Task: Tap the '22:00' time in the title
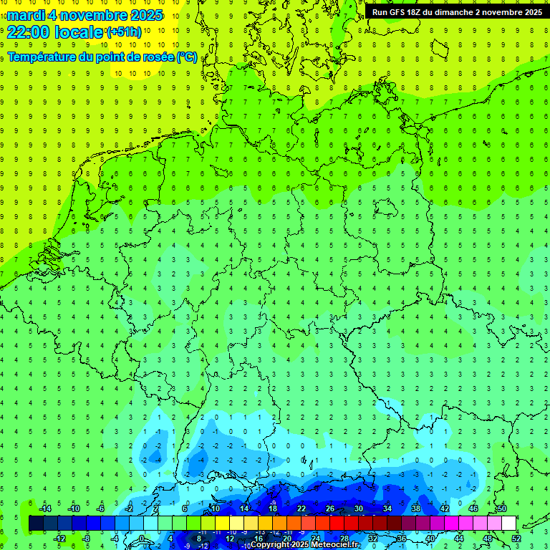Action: (x=28, y=32)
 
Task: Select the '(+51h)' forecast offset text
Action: (x=124, y=32)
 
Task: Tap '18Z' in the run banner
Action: (x=415, y=12)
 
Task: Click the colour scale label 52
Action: (x=516, y=539)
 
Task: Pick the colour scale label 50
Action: (x=501, y=508)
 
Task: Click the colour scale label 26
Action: (x=330, y=508)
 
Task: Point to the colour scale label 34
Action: (x=387, y=508)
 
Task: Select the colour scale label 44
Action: (x=459, y=539)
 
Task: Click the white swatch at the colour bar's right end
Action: (x=508, y=524)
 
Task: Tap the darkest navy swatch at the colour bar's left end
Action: (x=36, y=524)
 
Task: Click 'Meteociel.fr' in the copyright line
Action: (x=336, y=545)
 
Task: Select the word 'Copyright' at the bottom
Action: (x=270, y=545)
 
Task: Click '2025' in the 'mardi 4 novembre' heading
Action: (x=146, y=15)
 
